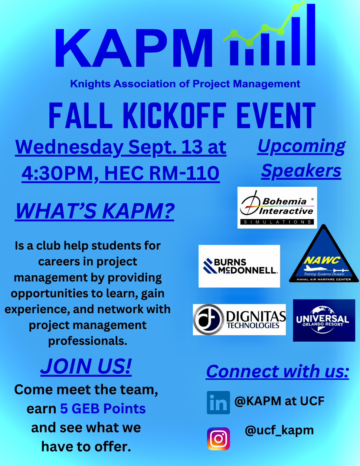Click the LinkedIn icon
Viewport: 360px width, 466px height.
click(x=218, y=403)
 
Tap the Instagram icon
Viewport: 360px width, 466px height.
click(x=218, y=439)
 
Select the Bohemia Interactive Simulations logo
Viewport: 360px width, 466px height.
click(x=277, y=207)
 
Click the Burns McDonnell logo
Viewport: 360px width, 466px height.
click(x=239, y=266)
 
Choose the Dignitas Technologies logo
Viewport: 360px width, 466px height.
click(x=239, y=319)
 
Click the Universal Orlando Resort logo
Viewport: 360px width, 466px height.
click(x=324, y=320)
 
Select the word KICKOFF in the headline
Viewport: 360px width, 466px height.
click(x=174, y=116)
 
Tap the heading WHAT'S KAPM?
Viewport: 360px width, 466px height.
click(x=95, y=211)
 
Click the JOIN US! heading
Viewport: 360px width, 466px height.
click(x=86, y=366)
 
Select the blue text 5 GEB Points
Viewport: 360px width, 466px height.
click(x=103, y=408)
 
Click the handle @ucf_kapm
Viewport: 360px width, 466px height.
click(x=279, y=430)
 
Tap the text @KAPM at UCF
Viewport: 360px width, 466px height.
click(x=279, y=401)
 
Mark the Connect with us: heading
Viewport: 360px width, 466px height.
click(x=277, y=371)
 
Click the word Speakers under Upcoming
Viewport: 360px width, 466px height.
click(x=301, y=171)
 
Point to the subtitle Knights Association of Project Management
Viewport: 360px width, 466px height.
click(x=185, y=84)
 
